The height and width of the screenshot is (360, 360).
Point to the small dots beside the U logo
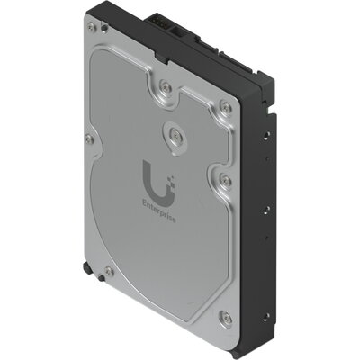pyautogui.click(x=166, y=165)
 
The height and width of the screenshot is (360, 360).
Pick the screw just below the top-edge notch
pyautogui.click(x=166, y=87)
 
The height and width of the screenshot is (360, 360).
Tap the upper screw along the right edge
pyautogui.click(x=226, y=107)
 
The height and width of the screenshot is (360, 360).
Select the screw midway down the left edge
pyautogui.click(x=88, y=139)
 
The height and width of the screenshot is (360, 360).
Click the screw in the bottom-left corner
pyautogui.click(x=108, y=269)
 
